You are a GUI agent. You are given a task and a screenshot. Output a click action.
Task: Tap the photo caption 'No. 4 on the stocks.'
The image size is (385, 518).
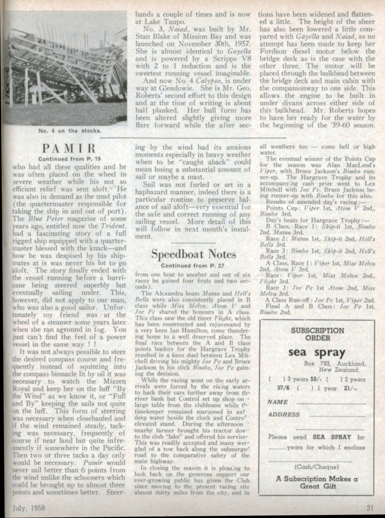click(69, 131)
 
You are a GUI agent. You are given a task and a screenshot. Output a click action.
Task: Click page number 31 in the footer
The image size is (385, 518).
click(369, 508)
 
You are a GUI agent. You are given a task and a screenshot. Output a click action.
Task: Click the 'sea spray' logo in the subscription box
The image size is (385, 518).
click(316, 352)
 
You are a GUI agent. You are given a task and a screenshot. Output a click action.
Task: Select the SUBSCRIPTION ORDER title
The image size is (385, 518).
click(317, 334)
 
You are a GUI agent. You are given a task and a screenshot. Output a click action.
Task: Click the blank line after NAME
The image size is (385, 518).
click(331, 403)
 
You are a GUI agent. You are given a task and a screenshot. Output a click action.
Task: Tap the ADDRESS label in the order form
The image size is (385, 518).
click(284, 414)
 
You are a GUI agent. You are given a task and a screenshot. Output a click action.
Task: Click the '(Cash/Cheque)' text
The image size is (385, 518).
click(317, 467)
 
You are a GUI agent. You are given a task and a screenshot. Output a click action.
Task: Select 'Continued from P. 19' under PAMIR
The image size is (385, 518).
click(69, 159)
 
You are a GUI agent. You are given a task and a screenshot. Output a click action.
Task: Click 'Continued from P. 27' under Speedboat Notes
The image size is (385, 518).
click(193, 265)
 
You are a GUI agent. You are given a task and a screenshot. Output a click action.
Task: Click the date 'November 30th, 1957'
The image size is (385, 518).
click(217, 44)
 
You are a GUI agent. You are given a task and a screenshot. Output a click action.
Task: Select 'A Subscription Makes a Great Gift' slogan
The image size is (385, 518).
click(317, 482)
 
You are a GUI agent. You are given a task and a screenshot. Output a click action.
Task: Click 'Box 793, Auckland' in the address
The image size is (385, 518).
click(334, 363)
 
